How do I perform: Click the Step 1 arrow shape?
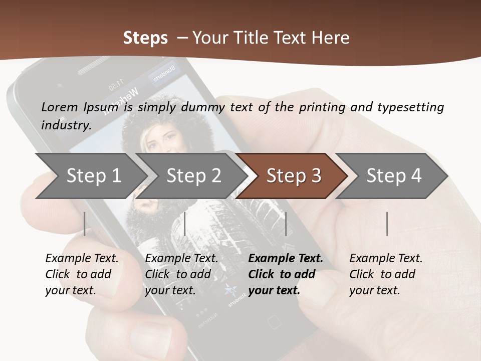click(90, 176)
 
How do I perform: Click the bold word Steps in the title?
click(145, 38)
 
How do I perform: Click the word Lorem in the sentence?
click(60, 107)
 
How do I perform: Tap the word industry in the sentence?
click(65, 125)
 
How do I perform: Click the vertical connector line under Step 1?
click(85, 224)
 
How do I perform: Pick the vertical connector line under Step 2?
click(185, 224)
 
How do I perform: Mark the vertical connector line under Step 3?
click(286, 224)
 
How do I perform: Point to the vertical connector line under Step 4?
click(387, 224)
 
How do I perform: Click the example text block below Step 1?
click(82, 274)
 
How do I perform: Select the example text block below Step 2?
click(181, 274)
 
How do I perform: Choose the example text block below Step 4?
click(386, 274)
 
